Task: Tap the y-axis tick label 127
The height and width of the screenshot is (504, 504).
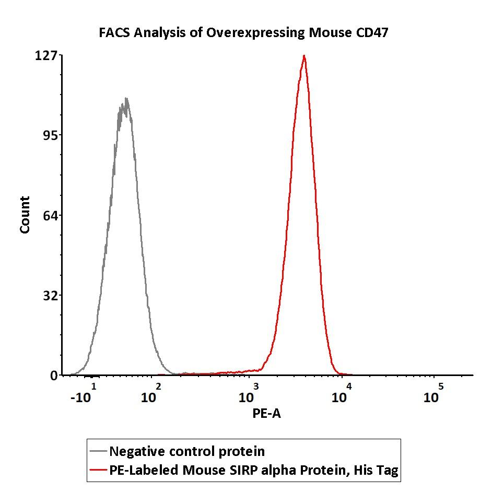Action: pos(45,55)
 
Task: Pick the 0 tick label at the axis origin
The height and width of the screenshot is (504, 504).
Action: pos(54,376)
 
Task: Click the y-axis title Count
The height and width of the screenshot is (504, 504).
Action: pos(25,215)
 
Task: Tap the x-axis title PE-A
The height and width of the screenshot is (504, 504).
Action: pos(266,414)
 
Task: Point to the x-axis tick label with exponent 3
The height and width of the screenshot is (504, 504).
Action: pos(249,394)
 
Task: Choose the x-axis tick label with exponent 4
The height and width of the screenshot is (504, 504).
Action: pos(343,394)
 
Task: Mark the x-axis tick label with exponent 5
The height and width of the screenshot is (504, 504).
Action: pos(433,394)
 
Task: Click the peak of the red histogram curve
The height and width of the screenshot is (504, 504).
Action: pos(303,56)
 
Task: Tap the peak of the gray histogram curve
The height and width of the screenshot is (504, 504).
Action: pos(125,99)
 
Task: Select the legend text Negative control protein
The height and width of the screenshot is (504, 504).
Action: pos(186,451)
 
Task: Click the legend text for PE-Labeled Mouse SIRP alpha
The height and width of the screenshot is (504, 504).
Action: pos(253,471)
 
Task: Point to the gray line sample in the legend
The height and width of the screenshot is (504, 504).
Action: pos(98,451)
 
